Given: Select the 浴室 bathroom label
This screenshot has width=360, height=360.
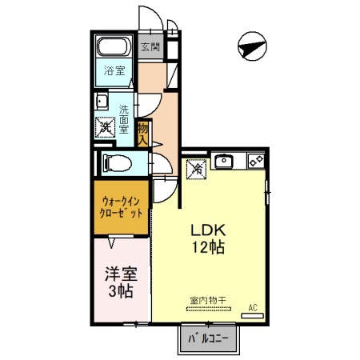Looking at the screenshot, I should pos(114,71).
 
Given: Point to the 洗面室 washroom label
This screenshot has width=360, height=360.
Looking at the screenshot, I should pos(124,118).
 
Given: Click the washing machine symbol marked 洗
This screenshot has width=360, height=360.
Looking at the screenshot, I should pos(105,126).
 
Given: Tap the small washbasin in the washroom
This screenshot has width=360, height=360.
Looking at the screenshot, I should pos(102,102).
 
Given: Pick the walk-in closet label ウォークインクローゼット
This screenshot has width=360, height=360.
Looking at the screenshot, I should pos(122,208).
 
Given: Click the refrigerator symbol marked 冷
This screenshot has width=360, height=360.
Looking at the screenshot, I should pos(196,169).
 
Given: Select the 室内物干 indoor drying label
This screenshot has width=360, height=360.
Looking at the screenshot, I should pos(207,301).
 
